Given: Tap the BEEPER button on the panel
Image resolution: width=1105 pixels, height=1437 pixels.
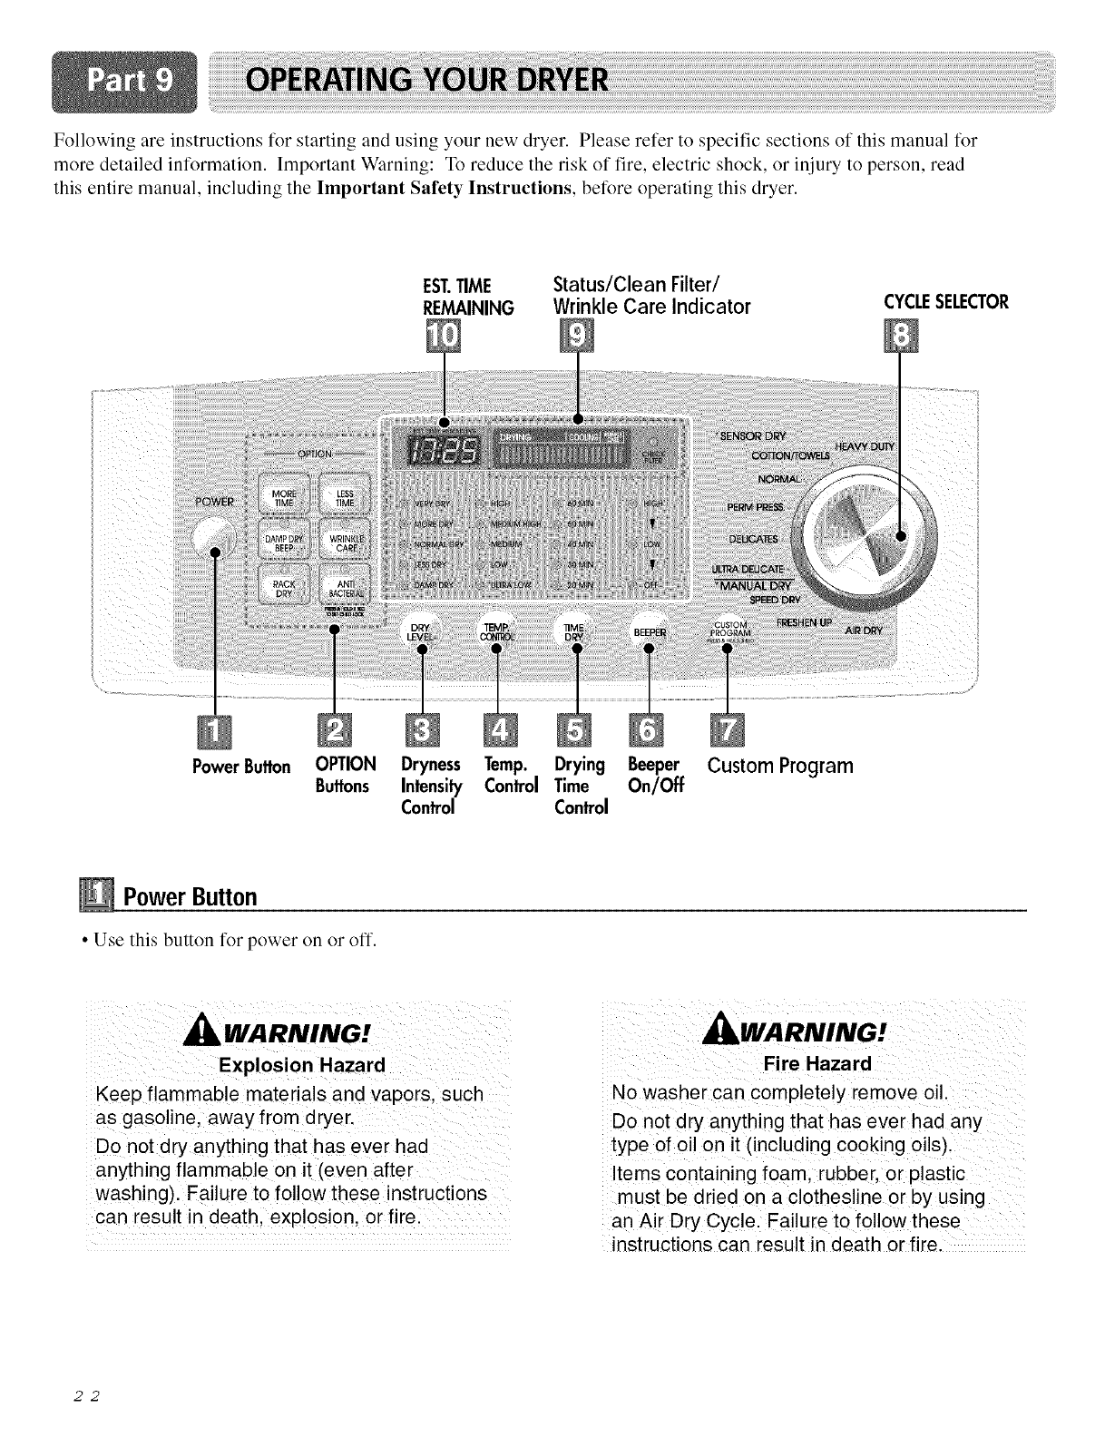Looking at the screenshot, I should (x=649, y=631).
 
